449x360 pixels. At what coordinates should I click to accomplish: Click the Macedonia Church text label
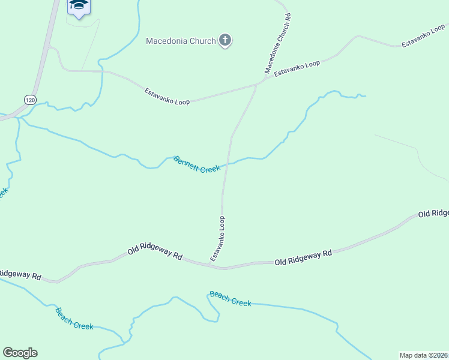click(181, 41)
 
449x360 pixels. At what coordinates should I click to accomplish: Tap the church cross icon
click(226, 41)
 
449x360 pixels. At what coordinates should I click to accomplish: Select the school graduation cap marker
click(77, 6)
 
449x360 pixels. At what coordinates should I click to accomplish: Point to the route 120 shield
click(30, 98)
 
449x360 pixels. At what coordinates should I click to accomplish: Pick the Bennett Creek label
click(197, 165)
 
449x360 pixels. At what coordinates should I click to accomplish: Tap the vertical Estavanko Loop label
click(218, 238)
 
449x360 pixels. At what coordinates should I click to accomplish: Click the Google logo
click(20, 353)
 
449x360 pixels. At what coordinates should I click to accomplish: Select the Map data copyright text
click(424, 355)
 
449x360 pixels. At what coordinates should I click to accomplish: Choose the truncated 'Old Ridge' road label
click(433, 214)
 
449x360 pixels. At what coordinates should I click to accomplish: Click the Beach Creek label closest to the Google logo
click(74, 318)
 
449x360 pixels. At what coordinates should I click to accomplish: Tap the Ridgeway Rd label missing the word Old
click(20, 275)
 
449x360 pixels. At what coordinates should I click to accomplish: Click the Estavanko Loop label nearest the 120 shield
click(167, 97)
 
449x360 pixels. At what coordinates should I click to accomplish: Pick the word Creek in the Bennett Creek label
click(209, 169)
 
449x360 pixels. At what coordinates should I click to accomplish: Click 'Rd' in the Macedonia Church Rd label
click(289, 18)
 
